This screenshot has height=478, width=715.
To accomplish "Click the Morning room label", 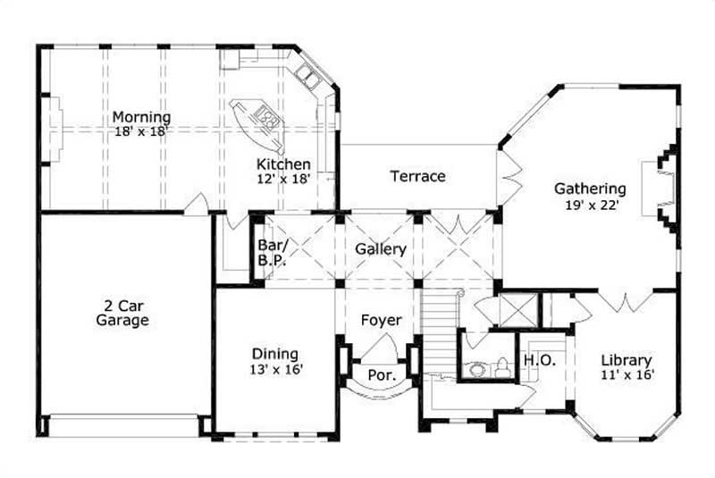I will point(141,117).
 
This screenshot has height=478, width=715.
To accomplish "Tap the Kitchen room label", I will point(283,164).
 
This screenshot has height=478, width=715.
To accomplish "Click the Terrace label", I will point(417,176).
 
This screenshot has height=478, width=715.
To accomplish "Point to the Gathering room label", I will point(589,189).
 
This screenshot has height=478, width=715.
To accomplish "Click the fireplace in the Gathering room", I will point(665,189).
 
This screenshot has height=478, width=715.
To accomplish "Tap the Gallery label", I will point(381,249).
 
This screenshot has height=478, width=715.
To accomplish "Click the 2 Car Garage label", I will point(122,312).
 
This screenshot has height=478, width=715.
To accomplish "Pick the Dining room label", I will point(274,354).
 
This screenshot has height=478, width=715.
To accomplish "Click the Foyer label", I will point(381,320).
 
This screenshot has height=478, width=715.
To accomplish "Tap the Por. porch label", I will point(382,375).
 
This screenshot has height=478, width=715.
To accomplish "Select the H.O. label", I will point(539,359).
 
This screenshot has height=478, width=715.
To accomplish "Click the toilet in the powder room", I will point(503,366).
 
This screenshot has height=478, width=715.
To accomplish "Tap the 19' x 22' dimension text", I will point(589,205).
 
